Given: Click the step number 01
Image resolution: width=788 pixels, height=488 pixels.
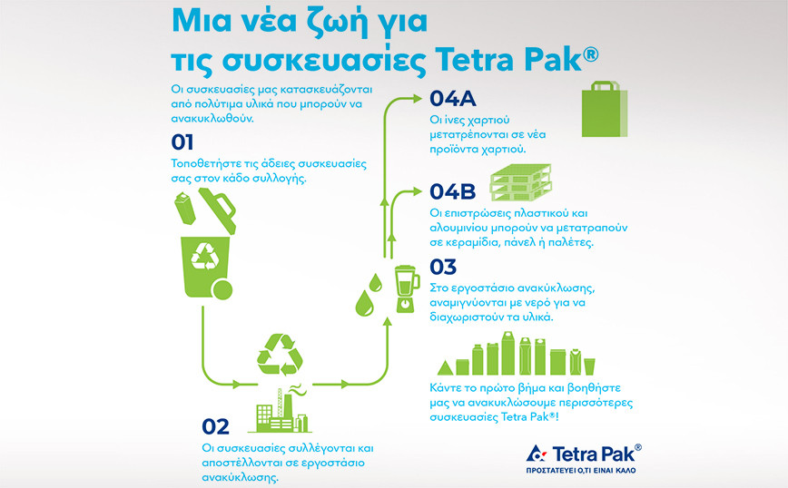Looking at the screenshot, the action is click(182, 142).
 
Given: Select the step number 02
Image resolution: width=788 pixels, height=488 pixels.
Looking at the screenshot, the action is click(215, 426).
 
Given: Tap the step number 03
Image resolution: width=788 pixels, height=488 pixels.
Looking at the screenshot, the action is click(443, 267).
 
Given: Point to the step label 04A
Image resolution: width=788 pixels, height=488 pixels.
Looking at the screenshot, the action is click(453, 99).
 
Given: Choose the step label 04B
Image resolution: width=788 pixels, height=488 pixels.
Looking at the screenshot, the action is click(452, 191).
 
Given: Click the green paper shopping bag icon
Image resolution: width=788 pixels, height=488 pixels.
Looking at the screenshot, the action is click(605, 109).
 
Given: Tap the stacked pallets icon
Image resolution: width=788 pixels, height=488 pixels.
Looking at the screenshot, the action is click(521, 182).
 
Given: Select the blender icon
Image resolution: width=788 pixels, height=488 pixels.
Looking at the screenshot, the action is click(406, 289).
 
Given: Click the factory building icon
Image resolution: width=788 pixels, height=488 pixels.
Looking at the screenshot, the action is click(280, 410).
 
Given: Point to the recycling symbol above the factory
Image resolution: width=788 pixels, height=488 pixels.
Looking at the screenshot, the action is click(280, 355).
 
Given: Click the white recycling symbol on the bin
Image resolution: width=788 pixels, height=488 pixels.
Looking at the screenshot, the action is click(205, 257).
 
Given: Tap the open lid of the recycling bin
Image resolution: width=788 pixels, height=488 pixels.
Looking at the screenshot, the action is click(218, 210).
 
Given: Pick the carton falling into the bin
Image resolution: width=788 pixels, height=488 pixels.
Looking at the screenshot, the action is click(184, 208).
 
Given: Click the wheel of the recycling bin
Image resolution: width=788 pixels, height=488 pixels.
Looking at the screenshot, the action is click(222, 290).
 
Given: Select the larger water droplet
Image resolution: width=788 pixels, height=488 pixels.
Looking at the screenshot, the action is click(364, 304).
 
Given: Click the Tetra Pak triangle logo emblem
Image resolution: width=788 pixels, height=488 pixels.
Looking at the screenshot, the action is click(537, 454).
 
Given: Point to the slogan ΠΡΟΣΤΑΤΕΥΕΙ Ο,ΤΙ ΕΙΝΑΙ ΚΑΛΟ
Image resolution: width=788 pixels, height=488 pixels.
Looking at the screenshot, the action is click(580, 471).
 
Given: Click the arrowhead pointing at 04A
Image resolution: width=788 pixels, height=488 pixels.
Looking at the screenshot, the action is click(417, 99).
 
